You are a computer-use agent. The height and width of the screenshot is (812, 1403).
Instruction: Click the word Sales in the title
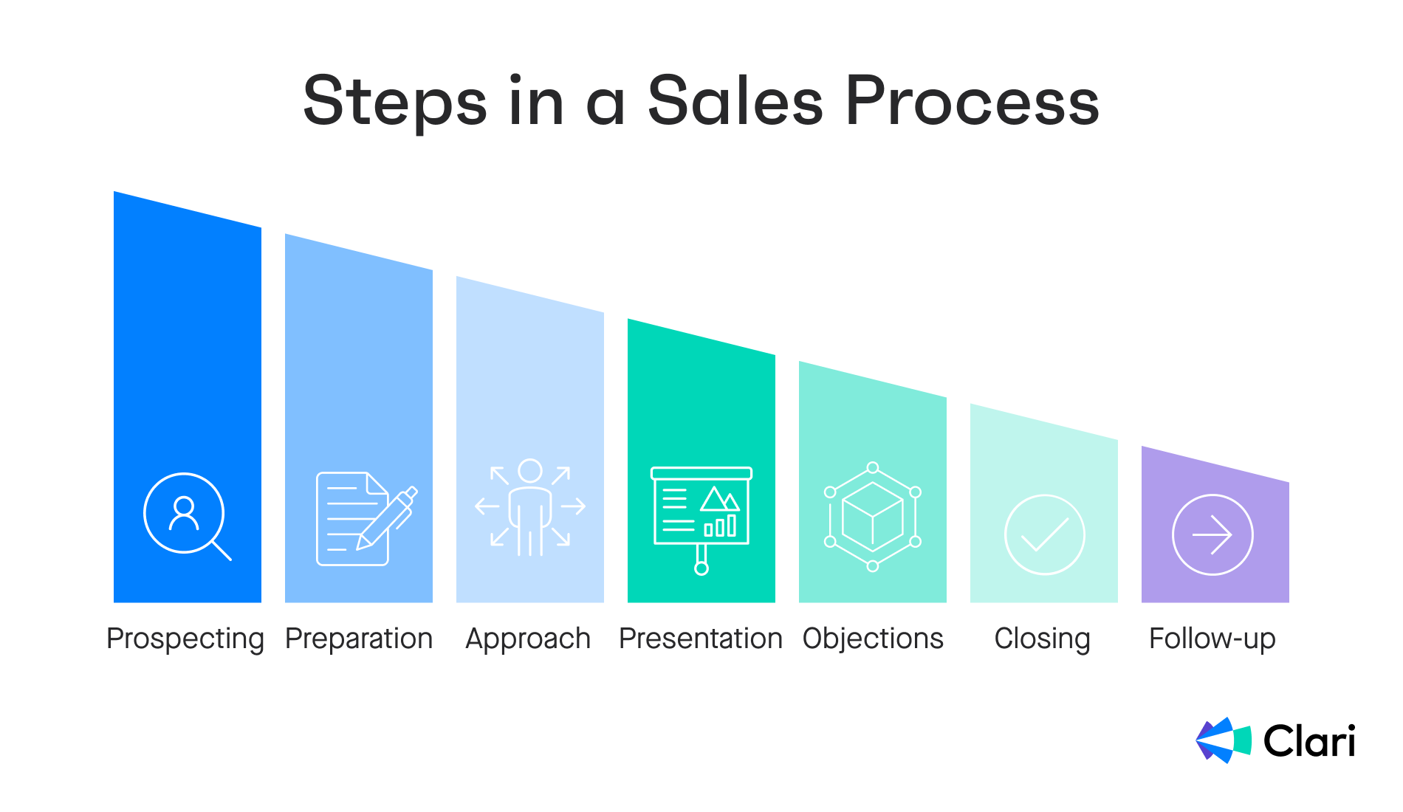pos(735,100)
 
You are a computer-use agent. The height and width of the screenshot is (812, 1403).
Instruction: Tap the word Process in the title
pos(973,100)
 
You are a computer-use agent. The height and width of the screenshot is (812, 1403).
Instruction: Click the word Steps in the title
pos(395,103)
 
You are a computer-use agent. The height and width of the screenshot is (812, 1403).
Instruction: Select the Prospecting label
pos(185,639)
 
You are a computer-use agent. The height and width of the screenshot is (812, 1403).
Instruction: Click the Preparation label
pos(359,639)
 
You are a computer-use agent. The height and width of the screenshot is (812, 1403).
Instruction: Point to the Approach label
pos(528,639)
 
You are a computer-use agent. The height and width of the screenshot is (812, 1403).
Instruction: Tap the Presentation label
pos(701,639)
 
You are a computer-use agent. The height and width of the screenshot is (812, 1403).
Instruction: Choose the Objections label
pos(873,639)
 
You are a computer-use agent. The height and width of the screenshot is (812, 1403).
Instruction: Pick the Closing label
pos(1042,639)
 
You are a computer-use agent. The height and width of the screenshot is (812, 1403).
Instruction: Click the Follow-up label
pos(1212,639)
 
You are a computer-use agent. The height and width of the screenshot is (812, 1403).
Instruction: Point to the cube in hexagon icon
pos(873,517)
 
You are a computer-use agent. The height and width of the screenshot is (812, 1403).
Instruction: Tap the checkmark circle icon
pos(1044,534)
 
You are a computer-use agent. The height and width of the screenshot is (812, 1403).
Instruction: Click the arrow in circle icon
pos(1212,534)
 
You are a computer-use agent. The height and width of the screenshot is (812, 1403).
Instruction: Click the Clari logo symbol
pos(1224,740)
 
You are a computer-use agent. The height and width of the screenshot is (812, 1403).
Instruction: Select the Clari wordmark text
pos(1309,741)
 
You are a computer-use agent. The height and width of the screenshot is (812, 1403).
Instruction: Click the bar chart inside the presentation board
pos(720,526)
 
